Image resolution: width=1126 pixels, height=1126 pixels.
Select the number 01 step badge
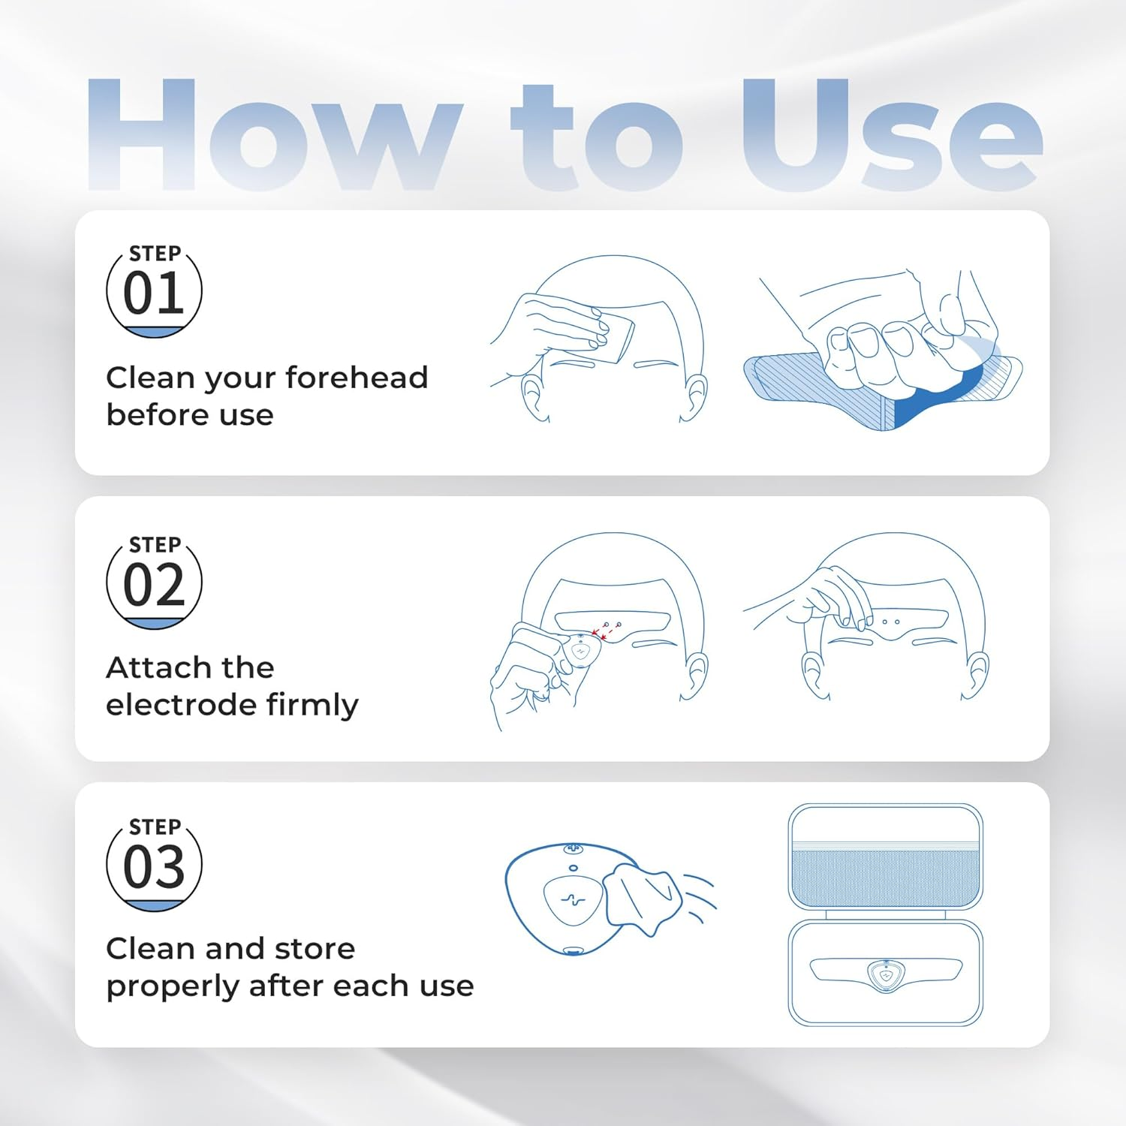coord(154,291)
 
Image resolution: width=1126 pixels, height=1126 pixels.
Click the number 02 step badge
coord(154,583)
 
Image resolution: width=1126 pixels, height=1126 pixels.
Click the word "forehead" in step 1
coord(357,377)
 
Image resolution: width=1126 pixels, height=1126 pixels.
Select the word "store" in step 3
coord(315,949)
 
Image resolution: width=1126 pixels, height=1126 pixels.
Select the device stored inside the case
coord(886,973)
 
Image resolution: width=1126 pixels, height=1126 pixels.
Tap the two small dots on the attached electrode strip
coord(891,622)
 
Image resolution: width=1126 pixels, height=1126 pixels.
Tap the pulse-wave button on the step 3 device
coord(574,900)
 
